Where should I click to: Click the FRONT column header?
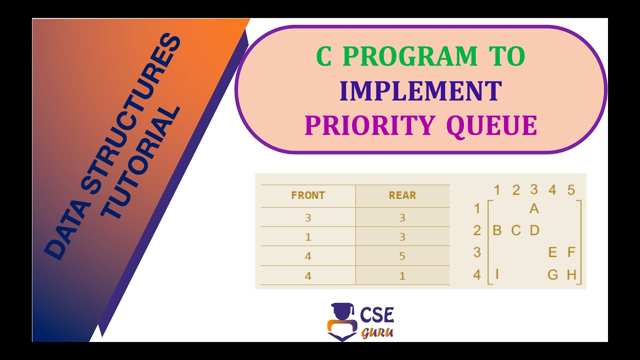click(x=308, y=195)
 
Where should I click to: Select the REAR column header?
click(x=402, y=195)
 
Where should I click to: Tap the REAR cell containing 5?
click(x=402, y=256)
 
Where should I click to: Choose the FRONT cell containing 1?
click(x=308, y=237)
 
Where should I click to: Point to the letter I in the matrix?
click(x=497, y=274)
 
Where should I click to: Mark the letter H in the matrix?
click(x=571, y=274)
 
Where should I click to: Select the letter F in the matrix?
click(x=571, y=252)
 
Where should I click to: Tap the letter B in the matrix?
click(x=497, y=230)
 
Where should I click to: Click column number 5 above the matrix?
click(x=571, y=190)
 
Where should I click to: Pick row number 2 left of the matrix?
click(x=477, y=230)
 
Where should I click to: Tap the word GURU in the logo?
click(x=377, y=332)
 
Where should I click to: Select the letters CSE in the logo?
click(x=377, y=314)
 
